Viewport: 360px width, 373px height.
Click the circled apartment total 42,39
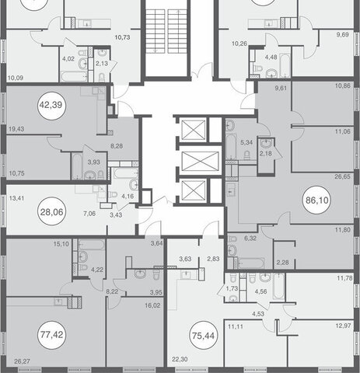52,106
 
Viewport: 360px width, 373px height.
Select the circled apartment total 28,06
52,212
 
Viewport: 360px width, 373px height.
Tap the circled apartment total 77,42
52,335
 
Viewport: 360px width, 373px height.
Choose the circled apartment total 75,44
204,336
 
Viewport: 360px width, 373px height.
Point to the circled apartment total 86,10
316,200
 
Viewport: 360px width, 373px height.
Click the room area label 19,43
16,129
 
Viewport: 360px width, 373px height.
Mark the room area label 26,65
342,176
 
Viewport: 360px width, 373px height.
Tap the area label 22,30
180,359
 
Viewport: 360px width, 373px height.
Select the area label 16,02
152,305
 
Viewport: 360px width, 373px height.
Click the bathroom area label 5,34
246,142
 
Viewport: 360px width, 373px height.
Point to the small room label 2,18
266,153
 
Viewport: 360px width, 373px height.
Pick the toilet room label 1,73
232,288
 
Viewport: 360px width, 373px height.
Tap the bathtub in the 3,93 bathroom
77,166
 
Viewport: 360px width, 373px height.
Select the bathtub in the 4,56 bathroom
279,287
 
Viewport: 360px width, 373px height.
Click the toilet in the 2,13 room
102,77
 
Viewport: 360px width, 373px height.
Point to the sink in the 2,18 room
266,143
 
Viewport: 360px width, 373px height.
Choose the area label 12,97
343,326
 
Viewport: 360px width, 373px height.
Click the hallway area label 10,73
122,37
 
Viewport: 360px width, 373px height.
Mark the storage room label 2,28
282,263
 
